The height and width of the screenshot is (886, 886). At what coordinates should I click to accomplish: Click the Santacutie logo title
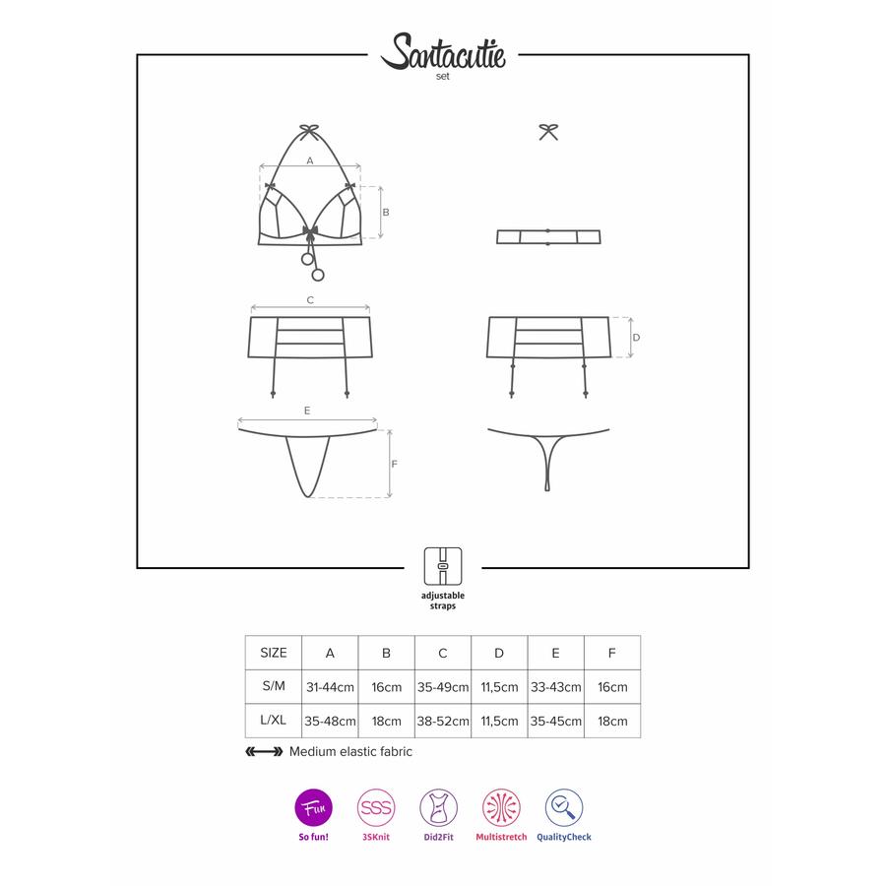pyautogui.click(x=443, y=52)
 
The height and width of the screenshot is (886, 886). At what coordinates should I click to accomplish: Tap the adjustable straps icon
pyautogui.click(x=443, y=566)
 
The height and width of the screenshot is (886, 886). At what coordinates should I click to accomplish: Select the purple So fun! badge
pyautogui.click(x=314, y=807)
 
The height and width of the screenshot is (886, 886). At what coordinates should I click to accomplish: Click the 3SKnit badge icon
pyautogui.click(x=376, y=807)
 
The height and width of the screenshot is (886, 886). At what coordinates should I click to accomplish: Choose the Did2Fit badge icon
pyautogui.click(x=438, y=807)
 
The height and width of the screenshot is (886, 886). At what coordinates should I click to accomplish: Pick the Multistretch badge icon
pyautogui.click(x=501, y=807)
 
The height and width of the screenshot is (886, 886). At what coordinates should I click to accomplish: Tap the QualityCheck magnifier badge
pyautogui.click(x=564, y=807)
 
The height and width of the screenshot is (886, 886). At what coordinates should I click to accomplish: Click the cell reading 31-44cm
pyautogui.click(x=330, y=687)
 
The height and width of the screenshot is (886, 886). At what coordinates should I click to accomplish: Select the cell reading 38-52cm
pyautogui.click(x=443, y=721)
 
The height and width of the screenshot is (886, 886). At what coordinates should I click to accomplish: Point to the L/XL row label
pyautogui.click(x=274, y=721)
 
